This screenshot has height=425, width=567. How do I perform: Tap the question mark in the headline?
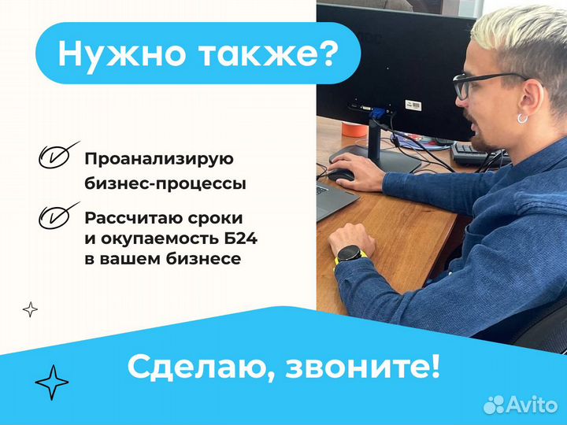click(329, 54)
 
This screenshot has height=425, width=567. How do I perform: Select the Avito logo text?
click(532, 405)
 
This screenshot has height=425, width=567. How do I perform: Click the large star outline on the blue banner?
click(51, 383)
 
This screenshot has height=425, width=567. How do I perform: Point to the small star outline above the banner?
click(30, 309)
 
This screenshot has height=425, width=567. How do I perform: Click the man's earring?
click(522, 117)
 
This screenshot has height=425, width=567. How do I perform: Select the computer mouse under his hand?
click(341, 174)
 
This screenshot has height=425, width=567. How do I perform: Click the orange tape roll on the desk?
click(353, 128)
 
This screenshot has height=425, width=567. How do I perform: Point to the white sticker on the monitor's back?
click(413, 105)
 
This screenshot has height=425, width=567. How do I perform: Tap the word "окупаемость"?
click(169, 238)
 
